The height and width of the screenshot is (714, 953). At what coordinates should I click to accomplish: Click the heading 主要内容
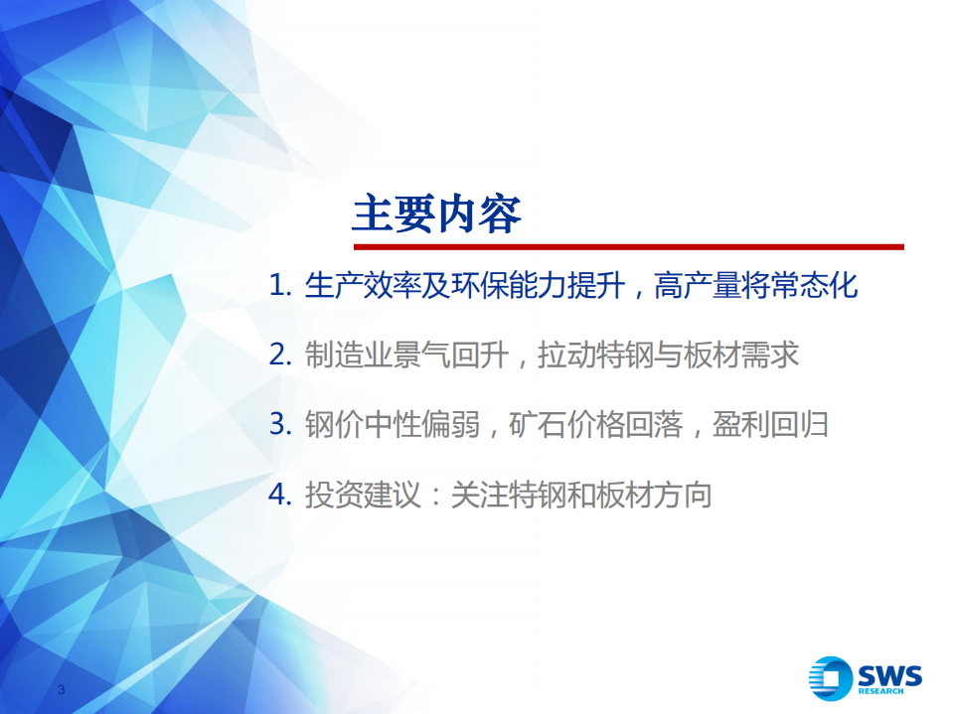(x=436, y=214)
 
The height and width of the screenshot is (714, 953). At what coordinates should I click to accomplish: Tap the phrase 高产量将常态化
(x=755, y=287)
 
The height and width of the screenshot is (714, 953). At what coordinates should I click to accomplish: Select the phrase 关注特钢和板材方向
(x=581, y=495)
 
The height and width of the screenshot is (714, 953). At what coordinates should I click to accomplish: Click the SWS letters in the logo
(x=888, y=675)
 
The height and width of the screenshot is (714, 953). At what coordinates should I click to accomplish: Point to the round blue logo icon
(x=831, y=680)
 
